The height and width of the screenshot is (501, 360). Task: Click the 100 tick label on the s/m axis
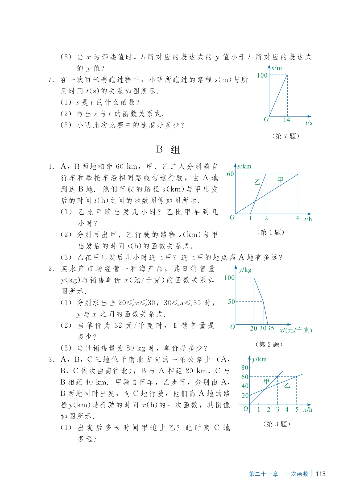262,75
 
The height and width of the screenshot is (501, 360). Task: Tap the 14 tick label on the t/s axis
287,120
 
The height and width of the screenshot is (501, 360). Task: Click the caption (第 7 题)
286,136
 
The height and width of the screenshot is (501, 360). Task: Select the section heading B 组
168,149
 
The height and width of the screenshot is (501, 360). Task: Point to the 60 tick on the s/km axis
230,174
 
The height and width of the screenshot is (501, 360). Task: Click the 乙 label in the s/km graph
257,182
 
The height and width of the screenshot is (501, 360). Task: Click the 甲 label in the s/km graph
280,180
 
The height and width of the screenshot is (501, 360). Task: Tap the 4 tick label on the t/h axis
297,218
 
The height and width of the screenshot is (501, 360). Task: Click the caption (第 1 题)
271,232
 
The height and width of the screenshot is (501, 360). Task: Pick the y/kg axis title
245,270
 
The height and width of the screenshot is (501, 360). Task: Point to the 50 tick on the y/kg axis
231,302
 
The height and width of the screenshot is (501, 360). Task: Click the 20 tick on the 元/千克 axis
254,328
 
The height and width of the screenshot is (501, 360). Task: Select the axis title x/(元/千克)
296,330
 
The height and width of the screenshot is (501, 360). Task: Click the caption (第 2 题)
269,344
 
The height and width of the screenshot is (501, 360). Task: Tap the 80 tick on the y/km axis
245,368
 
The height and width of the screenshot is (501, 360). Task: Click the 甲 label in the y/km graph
266,381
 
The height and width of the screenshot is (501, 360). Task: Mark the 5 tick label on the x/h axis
297,410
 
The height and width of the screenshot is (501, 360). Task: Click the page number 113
321,474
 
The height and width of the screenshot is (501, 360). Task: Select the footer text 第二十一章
263,474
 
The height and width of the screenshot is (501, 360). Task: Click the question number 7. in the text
51,80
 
